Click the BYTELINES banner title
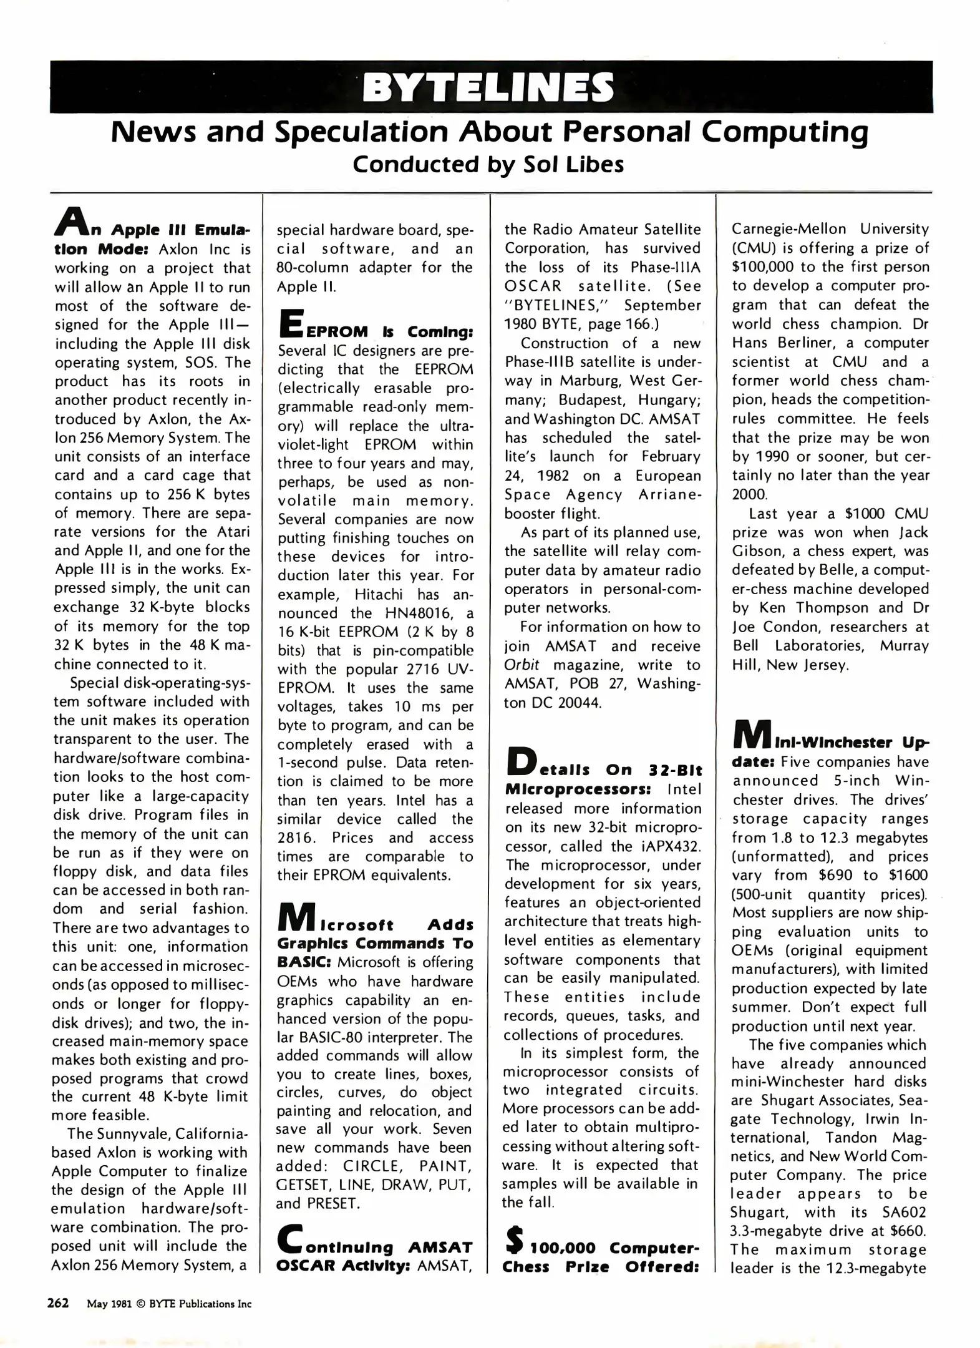[x=488, y=87]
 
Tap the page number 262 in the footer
[x=58, y=1303]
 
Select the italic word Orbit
[x=522, y=665]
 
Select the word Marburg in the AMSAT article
[x=591, y=381]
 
